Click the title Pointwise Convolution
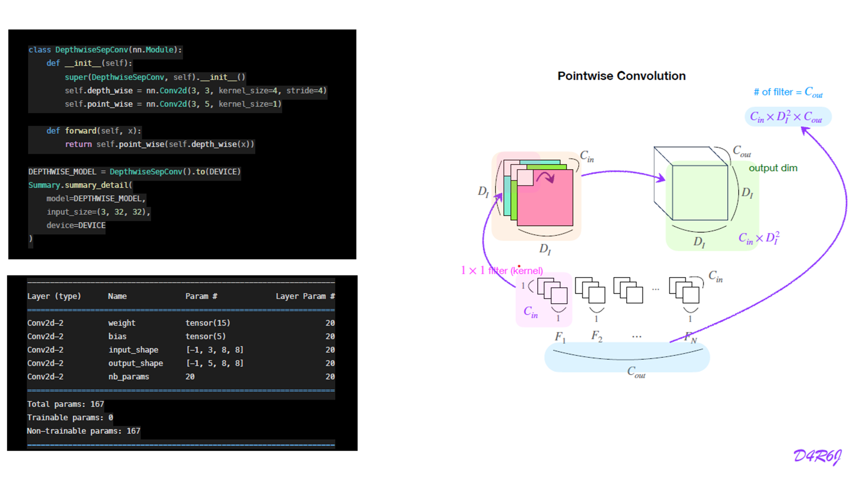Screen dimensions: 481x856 coord(621,76)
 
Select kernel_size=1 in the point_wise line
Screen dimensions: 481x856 coord(250,104)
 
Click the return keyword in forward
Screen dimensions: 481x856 coord(78,145)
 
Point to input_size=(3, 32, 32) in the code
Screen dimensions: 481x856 coord(98,212)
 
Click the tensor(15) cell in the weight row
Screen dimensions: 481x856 coord(208,323)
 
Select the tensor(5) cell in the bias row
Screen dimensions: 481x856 coord(205,336)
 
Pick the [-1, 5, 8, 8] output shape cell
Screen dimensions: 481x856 coord(214,363)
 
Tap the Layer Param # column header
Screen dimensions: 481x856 coord(305,296)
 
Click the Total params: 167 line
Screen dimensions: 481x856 coord(65,404)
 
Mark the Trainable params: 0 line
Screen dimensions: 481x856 coord(70,418)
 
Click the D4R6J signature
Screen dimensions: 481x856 coord(817,456)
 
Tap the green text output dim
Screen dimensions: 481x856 coord(773,168)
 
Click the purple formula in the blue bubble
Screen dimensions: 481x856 coord(786,117)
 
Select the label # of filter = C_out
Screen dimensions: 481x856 coord(788,92)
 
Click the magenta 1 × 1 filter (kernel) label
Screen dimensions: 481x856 coord(501,271)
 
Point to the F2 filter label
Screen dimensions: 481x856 coord(597,336)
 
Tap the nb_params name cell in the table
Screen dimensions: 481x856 coord(128,377)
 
